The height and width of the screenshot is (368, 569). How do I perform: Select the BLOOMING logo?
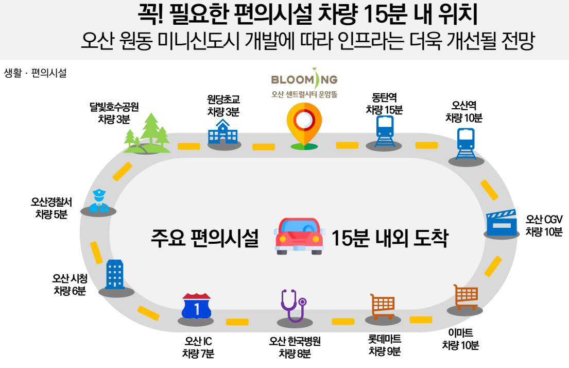(304, 80)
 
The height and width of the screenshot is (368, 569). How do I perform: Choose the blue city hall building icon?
(114, 274)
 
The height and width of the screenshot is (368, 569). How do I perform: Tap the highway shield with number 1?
(196, 307)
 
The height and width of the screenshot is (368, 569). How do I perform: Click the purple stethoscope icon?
(292, 305)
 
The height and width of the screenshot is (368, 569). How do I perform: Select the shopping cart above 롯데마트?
(383, 306)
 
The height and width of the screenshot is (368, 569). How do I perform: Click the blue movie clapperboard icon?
(502, 223)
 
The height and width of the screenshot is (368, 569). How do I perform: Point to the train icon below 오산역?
(465, 143)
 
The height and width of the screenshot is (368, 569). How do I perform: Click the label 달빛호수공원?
(114, 107)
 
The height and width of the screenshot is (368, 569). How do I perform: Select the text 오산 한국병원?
(295, 342)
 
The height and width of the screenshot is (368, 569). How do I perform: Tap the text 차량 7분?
(198, 354)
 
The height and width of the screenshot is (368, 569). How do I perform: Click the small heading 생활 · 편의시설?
(35, 73)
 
